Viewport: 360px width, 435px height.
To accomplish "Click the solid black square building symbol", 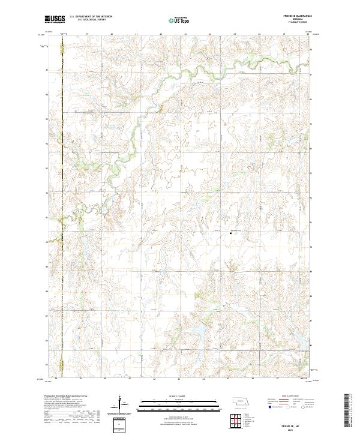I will (x=230, y=234).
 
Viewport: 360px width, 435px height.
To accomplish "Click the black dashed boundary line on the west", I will (x=62, y=180).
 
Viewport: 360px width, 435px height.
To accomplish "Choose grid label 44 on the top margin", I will (x=210, y=34).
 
